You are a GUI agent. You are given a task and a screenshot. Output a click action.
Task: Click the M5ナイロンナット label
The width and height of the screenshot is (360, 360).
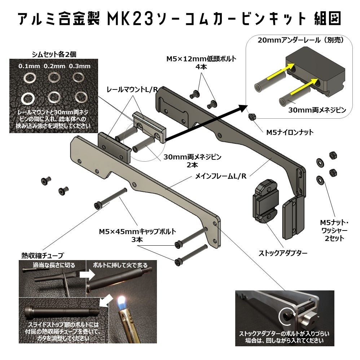click(290, 132)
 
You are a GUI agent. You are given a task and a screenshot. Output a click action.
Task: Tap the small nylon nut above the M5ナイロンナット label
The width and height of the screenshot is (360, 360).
click(252, 117)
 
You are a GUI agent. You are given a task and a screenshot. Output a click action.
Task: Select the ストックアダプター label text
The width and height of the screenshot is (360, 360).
click(283, 253)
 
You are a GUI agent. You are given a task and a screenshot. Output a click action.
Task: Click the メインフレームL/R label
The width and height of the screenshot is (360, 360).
click(220, 176)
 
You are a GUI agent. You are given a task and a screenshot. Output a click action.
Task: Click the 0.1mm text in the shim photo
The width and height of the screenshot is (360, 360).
click(30, 66)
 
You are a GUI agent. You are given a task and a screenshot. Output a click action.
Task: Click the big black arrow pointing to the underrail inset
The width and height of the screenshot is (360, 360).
click(206, 123)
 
